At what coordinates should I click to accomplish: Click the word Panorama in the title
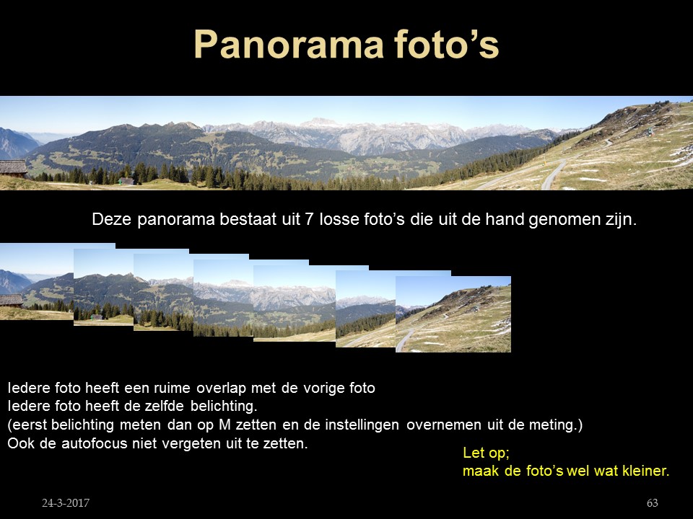pyautogui.click(x=289, y=44)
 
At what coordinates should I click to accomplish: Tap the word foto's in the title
pyautogui.click(x=446, y=44)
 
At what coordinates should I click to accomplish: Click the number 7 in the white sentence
pyautogui.click(x=310, y=219)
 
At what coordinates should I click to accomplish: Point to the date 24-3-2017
pyautogui.click(x=66, y=502)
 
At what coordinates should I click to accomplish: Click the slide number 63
pyautogui.click(x=653, y=502)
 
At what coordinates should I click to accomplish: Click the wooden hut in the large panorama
pyautogui.click(x=13, y=168)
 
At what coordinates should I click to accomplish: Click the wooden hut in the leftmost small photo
pyautogui.click(x=11, y=301)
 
